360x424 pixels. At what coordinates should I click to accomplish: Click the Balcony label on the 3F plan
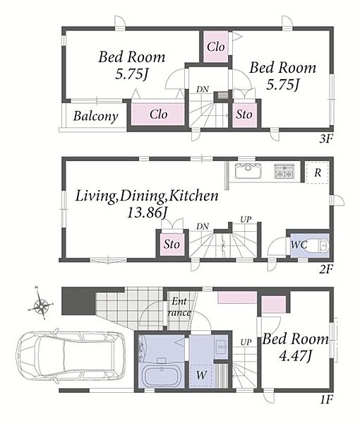click(96, 117)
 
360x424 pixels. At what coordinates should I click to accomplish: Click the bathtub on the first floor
click(161, 376)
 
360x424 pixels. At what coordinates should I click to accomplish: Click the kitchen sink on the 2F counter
click(248, 171)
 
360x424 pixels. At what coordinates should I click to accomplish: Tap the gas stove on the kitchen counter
click(284, 171)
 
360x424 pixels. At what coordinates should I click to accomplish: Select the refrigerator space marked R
click(317, 172)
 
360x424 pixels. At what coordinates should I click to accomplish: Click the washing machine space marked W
click(201, 375)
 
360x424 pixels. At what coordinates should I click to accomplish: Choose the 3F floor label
click(326, 139)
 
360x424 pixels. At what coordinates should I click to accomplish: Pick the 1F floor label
click(326, 399)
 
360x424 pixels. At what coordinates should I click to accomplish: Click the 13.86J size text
click(148, 213)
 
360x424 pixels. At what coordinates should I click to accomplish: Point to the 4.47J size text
click(295, 357)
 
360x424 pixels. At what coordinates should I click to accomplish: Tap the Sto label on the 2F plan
click(172, 245)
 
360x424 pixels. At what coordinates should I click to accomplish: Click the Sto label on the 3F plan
click(244, 114)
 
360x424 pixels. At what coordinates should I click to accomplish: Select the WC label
click(299, 245)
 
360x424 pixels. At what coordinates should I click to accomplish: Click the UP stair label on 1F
click(246, 342)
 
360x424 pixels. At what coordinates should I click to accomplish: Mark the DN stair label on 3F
click(203, 89)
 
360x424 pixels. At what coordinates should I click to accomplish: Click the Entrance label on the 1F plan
click(179, 307)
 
